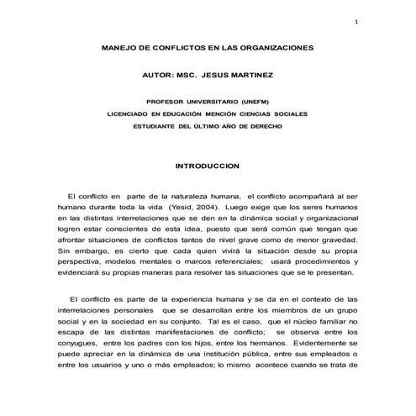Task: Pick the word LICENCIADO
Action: click(x=127, y=112)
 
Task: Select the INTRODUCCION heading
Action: click(x=207, y=166)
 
